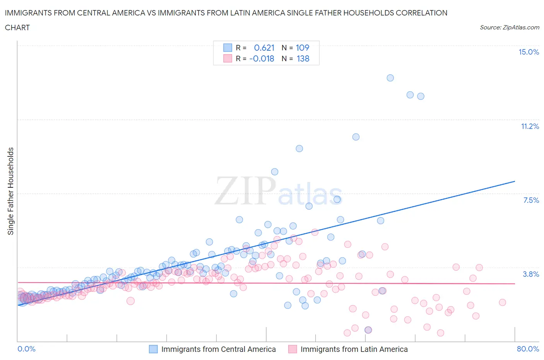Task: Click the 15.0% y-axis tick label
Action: coord(529,52)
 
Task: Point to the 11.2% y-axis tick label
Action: coord(530,127)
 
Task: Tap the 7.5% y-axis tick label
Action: coord(531,201)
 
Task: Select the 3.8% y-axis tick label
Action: coord(531,274)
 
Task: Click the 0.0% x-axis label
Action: coord(27,349)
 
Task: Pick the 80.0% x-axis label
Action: coord(528,349)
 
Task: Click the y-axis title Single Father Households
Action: coord(11,191)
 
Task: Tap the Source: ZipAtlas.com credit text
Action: coord(509,27)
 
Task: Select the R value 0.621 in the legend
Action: coord(264,48)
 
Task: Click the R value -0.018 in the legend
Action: coord(262,59)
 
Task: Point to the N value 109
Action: coord(302,48)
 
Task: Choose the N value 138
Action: coord(303,59)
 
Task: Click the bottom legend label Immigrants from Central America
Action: coord(218,350)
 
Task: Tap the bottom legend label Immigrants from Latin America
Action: coord(354,350)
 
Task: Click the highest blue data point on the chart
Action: coord(390,78)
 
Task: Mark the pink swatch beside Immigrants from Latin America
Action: coord(293,350)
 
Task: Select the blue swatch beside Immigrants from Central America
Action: coord(153,350)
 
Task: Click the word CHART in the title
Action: coord(17,27)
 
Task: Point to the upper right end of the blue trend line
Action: coord(515,181)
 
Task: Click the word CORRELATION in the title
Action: coord(421,13)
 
